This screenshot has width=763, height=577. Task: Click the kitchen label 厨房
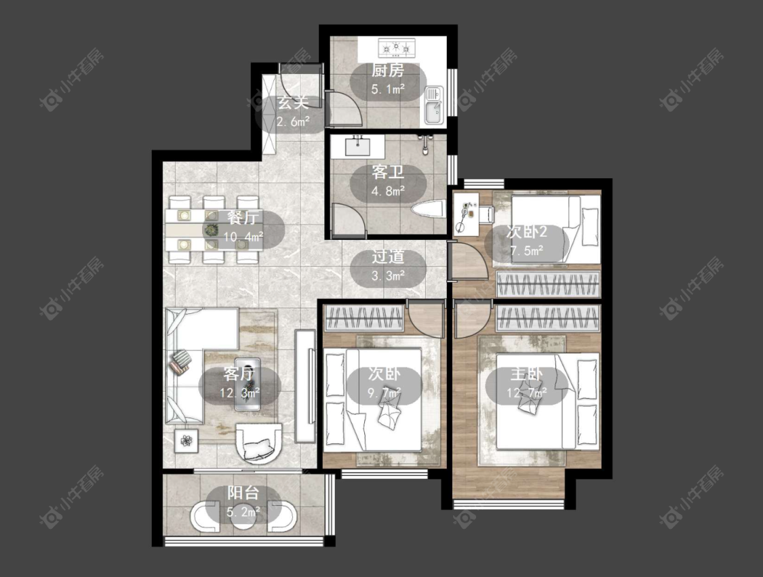(x=388, y=71)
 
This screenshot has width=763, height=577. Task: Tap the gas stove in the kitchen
(x=397, y=47)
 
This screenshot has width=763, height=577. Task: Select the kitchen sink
(x=433, y=105)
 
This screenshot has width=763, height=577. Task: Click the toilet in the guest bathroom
(x=429, y=210)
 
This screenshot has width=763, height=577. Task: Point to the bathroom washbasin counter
(x=357, y=145)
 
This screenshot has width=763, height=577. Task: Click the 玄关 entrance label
(x=293, y=103)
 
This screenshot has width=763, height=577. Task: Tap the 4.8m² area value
(x=388, y=191)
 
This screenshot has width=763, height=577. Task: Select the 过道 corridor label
(x=388, y=257)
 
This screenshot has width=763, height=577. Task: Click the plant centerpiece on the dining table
(x=211, y=230)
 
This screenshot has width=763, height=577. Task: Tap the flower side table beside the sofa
(x=187, y=441)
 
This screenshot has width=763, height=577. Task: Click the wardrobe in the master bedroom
(x=547, y=319)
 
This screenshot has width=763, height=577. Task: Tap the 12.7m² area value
(x=526, y=393)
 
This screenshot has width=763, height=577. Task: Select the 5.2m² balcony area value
(x=243, y=512)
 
